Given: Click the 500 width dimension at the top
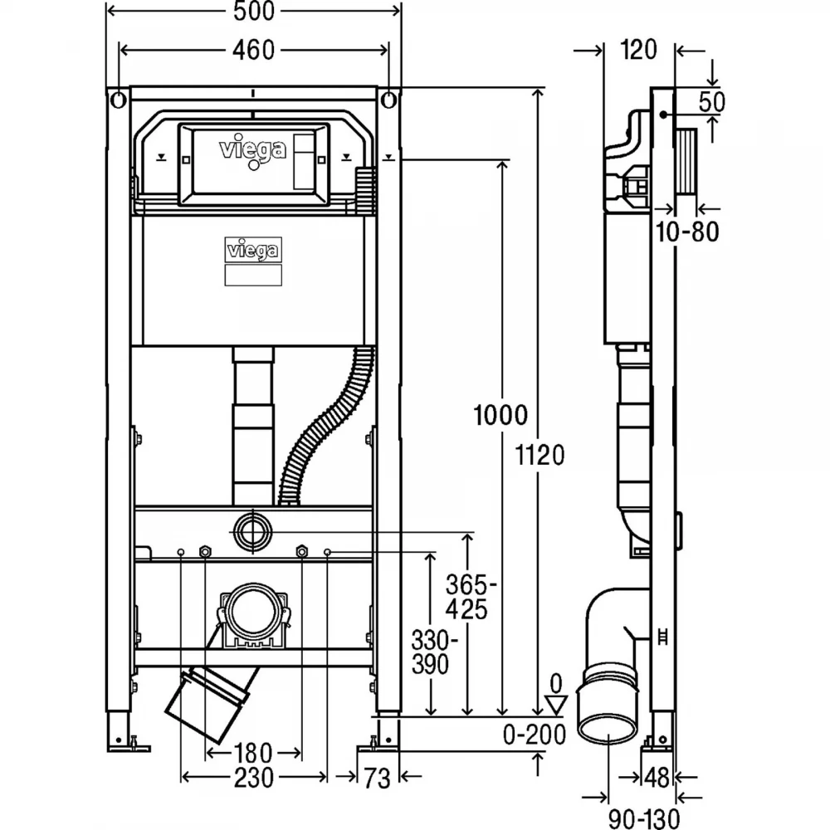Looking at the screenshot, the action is (x=254, y=11).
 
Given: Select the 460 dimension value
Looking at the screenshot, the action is (x=254, y=51).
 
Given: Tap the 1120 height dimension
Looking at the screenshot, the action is (x=540, y=455).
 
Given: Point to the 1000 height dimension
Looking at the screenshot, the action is (x=500, y=415).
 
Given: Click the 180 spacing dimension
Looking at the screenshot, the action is (x=253, y=753).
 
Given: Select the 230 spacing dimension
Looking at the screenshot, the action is (x=254, y=778).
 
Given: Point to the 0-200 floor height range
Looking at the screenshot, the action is (x=534, y=735).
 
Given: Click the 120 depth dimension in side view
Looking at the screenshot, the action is (x=639, y=50).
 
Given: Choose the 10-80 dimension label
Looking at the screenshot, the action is (x=687, y=232).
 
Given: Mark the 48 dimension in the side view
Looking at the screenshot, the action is (x=657, y=777).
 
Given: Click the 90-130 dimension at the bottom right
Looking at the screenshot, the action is (x=644, y=819).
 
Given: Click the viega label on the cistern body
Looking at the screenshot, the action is (x=253, y=250).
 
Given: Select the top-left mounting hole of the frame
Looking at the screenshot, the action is (x=118, y=100).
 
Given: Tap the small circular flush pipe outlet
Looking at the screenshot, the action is (x=252, y=531).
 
